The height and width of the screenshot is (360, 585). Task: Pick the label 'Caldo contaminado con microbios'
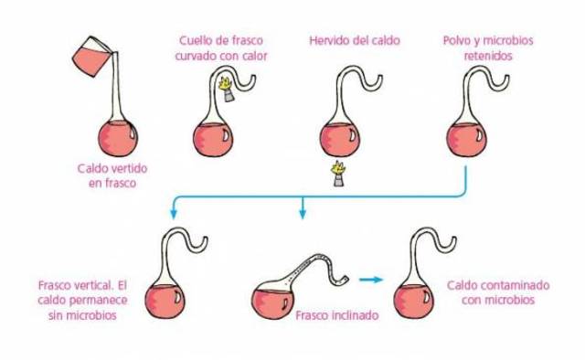[x=498, y=292]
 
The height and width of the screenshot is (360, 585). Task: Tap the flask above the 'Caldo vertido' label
[x=118, y=137]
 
